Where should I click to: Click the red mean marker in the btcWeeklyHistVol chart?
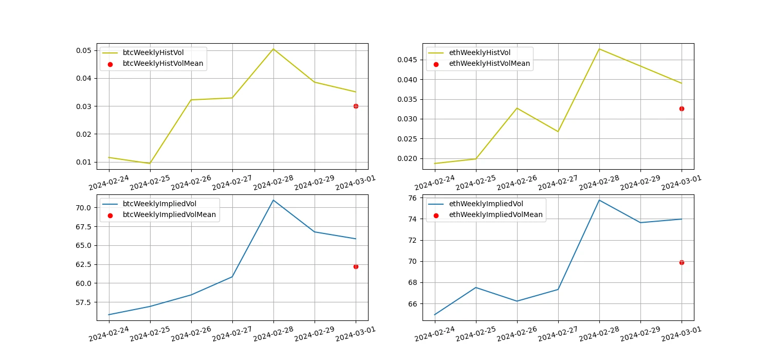point(356,106)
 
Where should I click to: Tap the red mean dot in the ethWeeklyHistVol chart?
point(682,109)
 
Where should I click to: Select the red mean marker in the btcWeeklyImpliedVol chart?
point(356,266)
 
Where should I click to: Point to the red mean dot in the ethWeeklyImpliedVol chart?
point(682,262)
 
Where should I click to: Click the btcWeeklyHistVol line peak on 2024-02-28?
point(273,49)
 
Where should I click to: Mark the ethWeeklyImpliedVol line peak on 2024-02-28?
point(599,200)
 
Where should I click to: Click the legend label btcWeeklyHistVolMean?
point(162,64)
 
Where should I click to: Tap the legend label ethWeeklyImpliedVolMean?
point(495,214)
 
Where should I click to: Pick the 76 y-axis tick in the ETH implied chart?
point(412,198)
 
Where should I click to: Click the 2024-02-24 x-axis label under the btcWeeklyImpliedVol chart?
point(109,333)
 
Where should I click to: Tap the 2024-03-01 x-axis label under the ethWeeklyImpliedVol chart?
point(682,333)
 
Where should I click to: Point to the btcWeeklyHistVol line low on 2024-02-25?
point(150,164)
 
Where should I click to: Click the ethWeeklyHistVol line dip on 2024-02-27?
point(558,132)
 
